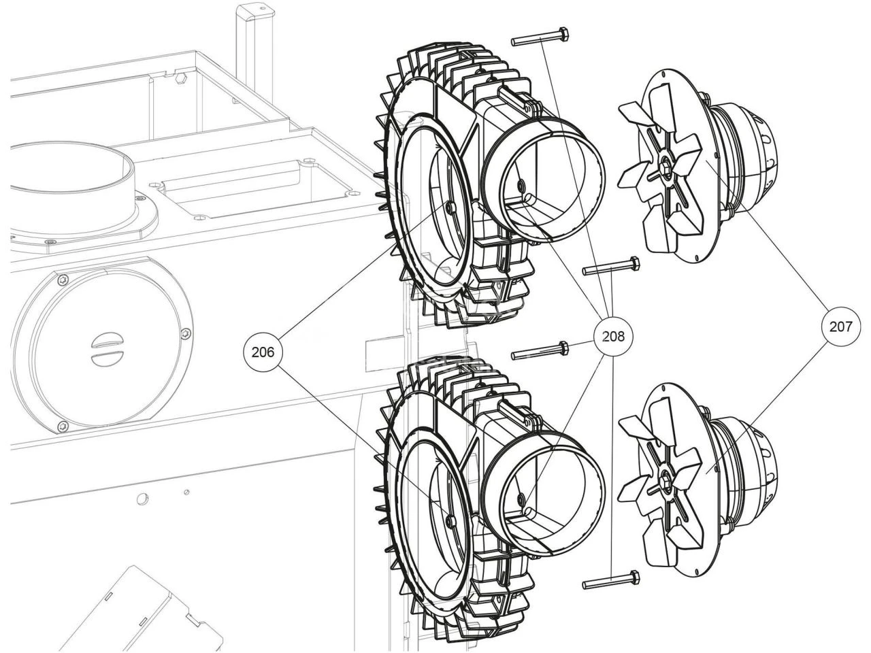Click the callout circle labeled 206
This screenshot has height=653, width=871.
pyautogui.click(x=263, y=352)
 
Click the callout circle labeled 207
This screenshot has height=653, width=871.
pyautogui.click(x=840, y=326)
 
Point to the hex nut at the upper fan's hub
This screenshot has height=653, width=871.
pyautogui.click(x=665, y=163)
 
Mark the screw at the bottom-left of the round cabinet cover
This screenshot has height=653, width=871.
pyautogui.click(x=63, y=426)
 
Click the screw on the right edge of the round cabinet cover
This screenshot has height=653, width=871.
pyautogui.click(x=184, y=333)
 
